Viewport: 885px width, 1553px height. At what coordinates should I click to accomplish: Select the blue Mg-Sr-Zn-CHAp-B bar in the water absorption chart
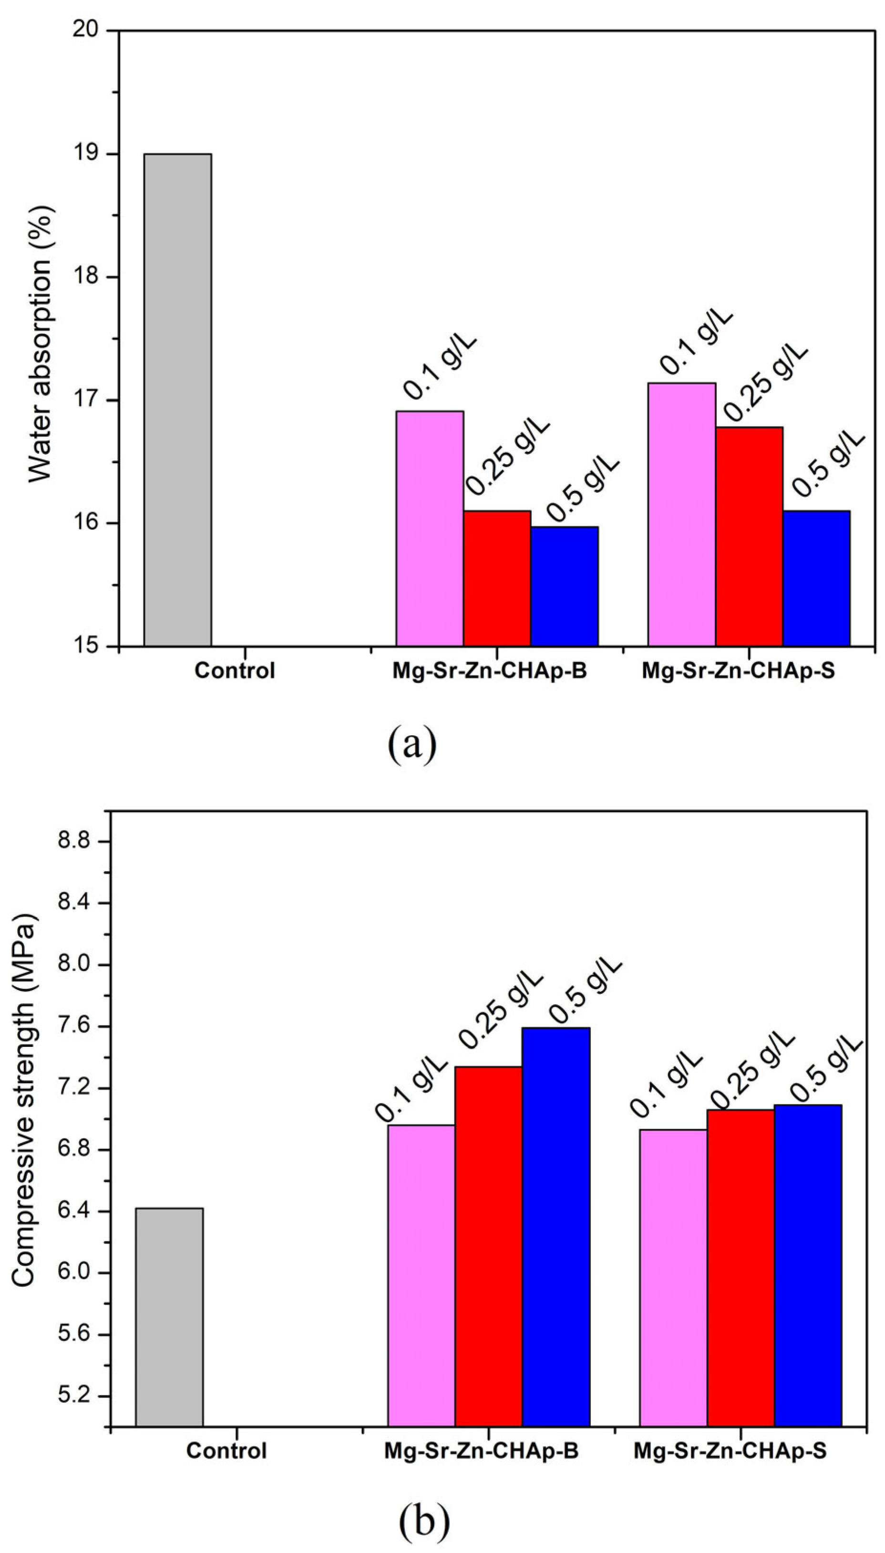click(x=564, y=586)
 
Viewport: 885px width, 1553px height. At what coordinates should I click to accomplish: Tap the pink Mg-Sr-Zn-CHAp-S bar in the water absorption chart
click(x=681, y=514)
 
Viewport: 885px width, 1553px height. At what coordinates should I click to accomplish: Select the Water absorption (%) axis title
click(x=42, y=344)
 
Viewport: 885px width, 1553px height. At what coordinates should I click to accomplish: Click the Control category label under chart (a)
click(x=235, y=672)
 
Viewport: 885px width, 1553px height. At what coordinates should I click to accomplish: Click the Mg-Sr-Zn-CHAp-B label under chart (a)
click(x=489, y=672)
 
